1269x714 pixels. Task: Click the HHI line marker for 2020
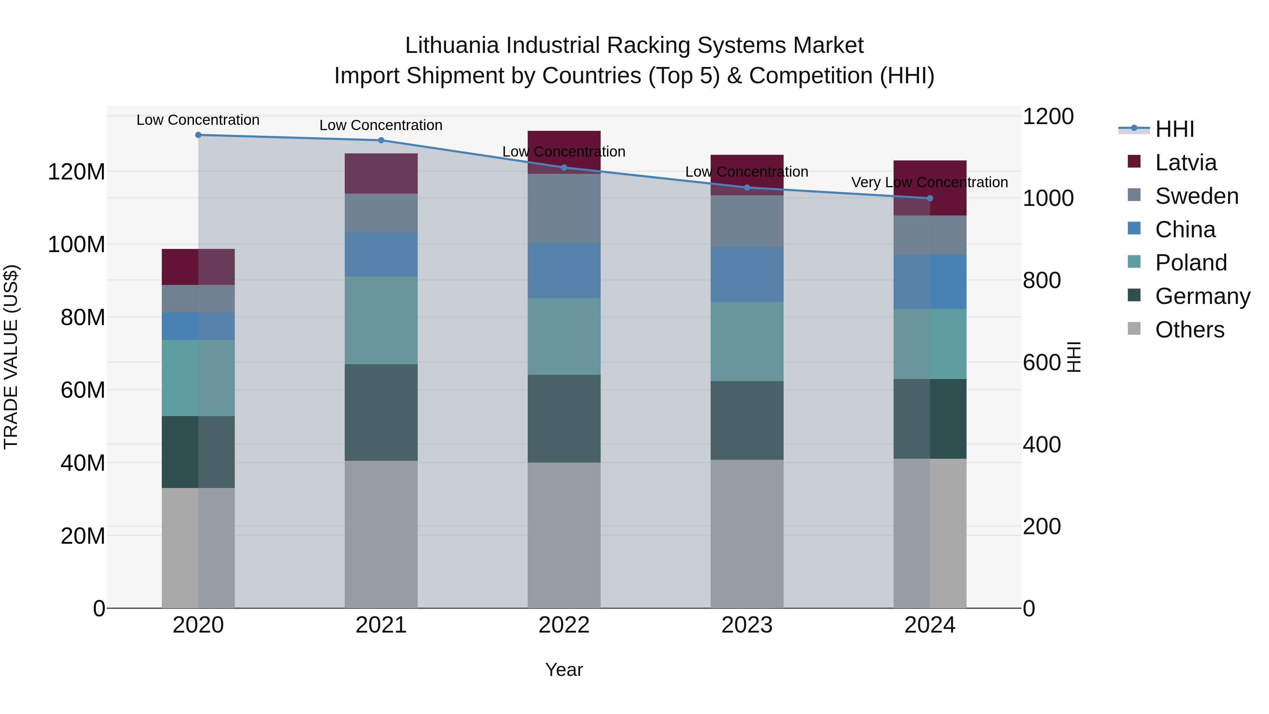[x=198, y=135]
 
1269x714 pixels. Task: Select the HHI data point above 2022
[x=564, y=167]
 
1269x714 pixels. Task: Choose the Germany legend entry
[x=1202, y=296]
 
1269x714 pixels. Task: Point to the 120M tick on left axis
[x=76, y=172]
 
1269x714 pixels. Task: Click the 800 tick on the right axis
[x=1041, y=280]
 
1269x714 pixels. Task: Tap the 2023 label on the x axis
[x=747, y=625]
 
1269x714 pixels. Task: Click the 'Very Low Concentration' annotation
[x=930, y=182]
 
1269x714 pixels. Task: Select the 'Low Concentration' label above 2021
[x=381, y=125]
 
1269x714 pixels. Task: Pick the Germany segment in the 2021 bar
[x=381, y=413]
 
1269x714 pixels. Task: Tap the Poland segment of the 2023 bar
[x=747, y=341]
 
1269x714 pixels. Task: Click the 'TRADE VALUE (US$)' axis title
[x=11, y=357]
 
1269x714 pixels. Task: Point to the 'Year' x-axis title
[x=564, y=670]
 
